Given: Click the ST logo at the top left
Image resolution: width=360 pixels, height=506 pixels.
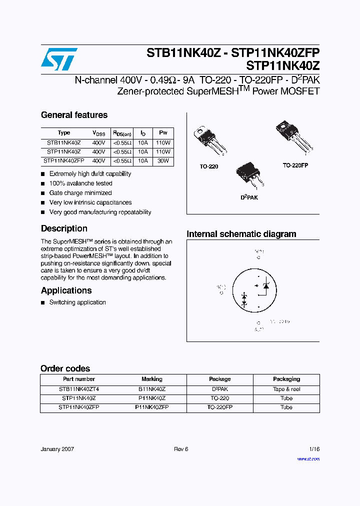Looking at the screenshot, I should point(59,59).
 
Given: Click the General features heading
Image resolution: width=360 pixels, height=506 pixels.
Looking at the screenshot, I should point(74,115).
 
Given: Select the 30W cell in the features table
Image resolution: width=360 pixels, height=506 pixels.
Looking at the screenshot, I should point(163,161).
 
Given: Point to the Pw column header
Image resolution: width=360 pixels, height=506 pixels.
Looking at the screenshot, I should point(163,133).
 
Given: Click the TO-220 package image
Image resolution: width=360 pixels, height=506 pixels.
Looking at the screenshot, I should point(209,140).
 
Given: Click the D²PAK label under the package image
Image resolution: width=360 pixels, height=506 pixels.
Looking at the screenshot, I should point(249,197).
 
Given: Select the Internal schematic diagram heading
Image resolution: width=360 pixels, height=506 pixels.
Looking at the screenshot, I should point(241,234).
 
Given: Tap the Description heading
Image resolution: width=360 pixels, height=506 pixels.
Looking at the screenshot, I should point(64,228).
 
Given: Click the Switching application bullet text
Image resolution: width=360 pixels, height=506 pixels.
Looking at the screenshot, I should point(77,302).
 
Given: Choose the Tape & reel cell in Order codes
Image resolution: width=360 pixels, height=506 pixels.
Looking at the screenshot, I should point(286,389).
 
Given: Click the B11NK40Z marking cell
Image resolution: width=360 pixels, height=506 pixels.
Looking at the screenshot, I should point(152,389).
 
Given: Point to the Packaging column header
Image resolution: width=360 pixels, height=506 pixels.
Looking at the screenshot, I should point(286,379).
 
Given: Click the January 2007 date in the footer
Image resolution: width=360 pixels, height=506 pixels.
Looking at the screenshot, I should point(57,449).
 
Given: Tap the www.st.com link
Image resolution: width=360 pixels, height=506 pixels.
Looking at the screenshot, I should point(308,458).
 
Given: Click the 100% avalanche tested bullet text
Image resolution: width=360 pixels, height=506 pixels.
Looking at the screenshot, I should point(80,183).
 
